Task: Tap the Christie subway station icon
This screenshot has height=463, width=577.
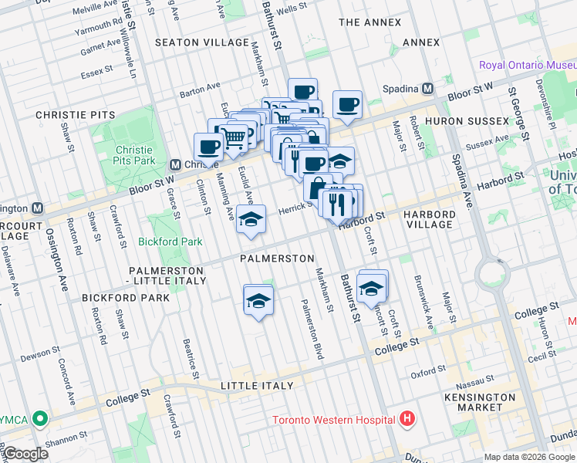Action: (x=176, y=164)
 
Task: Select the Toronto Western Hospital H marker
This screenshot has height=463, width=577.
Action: (x=407, y=420)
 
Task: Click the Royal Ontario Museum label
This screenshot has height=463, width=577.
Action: (x=527, y=65)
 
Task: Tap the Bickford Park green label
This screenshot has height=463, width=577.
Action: (x=170, y=242)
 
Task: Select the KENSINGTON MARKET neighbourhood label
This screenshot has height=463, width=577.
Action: (x=480, y=403)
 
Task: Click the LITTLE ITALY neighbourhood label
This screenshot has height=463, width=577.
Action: (x=257, y=386)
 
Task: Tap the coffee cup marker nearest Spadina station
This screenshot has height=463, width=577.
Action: (x=347, y=105)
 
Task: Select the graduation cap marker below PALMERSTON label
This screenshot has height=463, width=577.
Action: (x=258, y=301)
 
